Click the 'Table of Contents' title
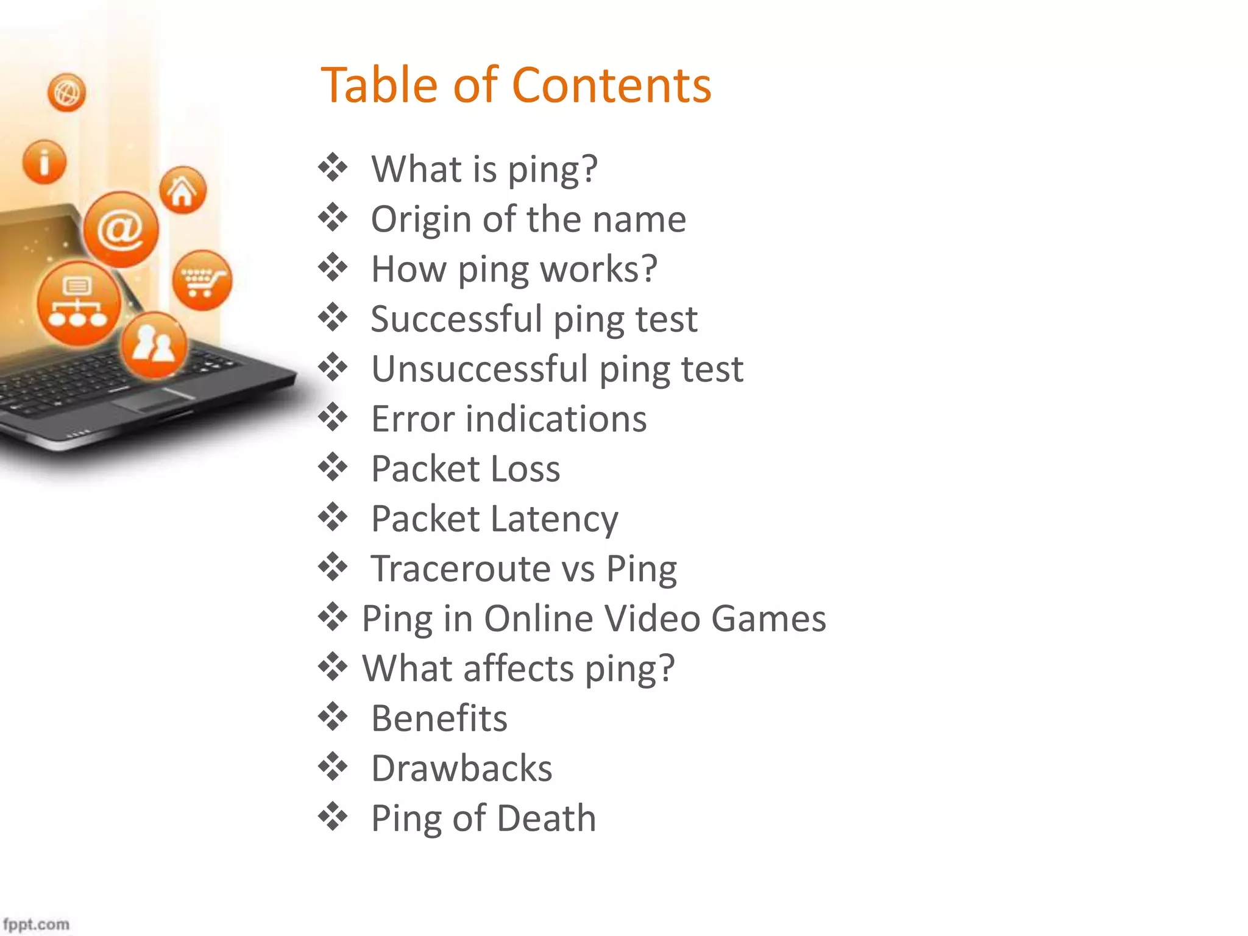coord(516,85)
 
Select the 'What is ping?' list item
coord(484,169)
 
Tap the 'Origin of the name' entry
coord(528,219)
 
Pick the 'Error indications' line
coord(509,419)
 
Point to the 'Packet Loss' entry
coord(466,469)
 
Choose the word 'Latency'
coord(554,519)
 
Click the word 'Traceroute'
coord(461,569)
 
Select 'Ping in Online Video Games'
coord(594,619)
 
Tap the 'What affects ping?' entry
coord(519,668)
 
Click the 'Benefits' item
coord(439,718)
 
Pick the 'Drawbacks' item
coord(461,768)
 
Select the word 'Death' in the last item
coord(546,818)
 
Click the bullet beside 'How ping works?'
coord(333,268)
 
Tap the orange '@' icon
coord(121,229)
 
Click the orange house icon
coord(183,190)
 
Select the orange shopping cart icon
coord(202,280)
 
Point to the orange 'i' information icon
coord(44,162)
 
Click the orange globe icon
coord(66,93)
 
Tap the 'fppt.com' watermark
coord(36,924)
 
